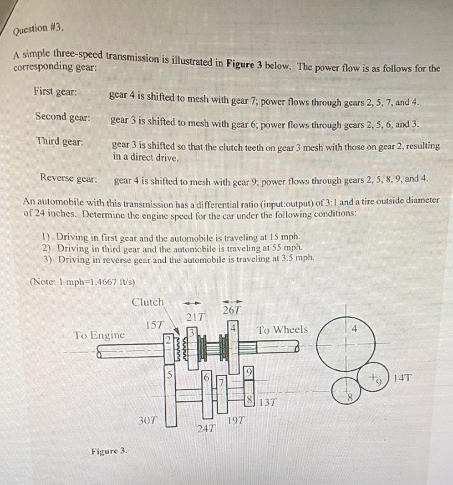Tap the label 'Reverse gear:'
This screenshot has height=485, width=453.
[69, 177]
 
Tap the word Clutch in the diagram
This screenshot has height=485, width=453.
[148, 302]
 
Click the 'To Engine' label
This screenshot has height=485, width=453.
[99, 336]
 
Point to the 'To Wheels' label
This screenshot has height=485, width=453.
[282, 330]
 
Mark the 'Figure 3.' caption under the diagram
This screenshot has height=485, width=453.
[109, 451]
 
